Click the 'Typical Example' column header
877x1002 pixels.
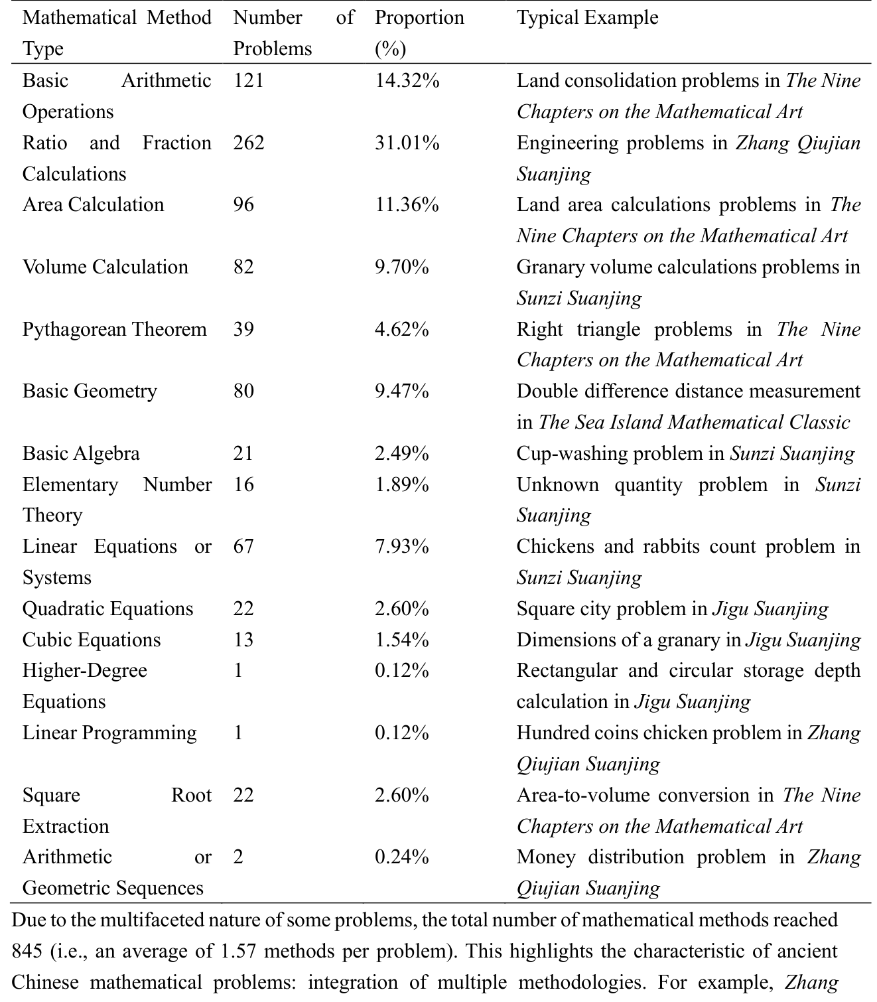[587, 17]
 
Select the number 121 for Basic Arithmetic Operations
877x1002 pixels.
[249, 80]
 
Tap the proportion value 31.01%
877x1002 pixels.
[407, 143]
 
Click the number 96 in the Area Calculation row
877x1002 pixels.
[243, 204]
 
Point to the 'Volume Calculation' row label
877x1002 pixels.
[105, 267]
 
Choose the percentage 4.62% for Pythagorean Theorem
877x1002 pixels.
[401, 329]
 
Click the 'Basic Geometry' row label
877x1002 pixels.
[90, 391]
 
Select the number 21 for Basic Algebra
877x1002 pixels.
[243, 453]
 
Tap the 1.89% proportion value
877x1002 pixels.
[401, 484]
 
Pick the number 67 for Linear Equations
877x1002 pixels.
[243, 546]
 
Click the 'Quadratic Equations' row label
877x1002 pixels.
[107, 608]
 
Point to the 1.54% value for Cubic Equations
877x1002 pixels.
[401, 640]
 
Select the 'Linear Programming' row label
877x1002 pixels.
[109, 733]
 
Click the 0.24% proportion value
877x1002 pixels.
[401, 857]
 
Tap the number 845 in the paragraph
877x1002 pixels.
[27, 952]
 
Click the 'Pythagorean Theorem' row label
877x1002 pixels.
[114, 329]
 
